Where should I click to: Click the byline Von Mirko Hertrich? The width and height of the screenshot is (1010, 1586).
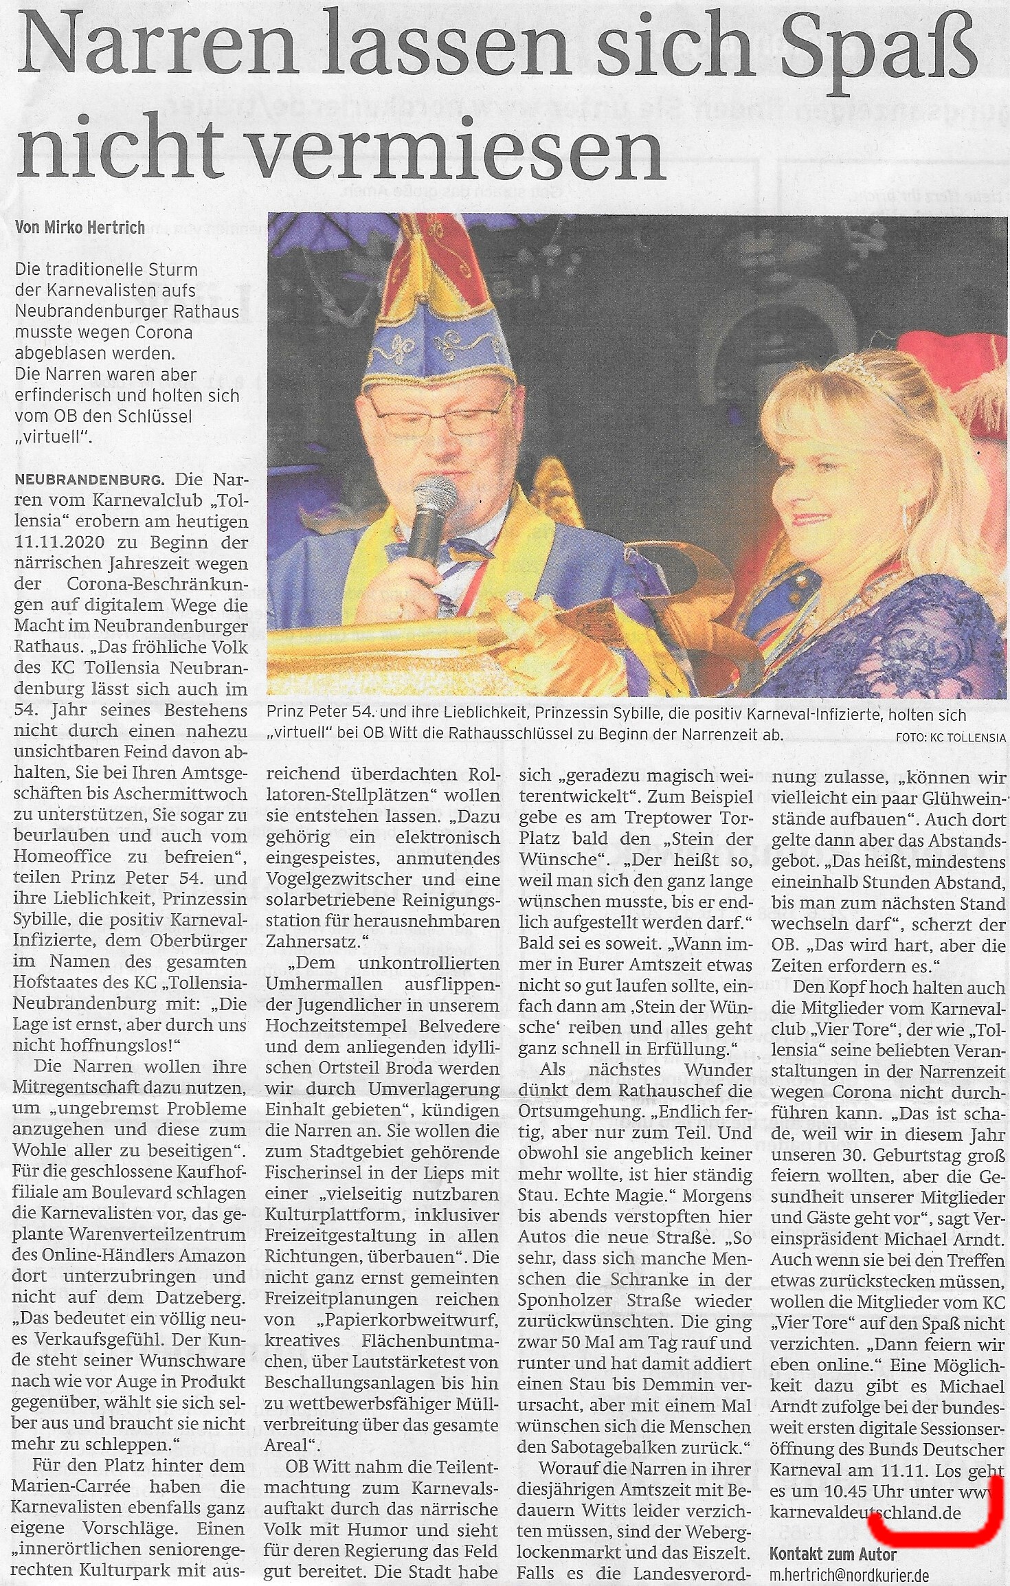80,227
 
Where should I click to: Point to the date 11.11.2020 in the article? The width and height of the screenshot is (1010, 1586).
59,541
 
